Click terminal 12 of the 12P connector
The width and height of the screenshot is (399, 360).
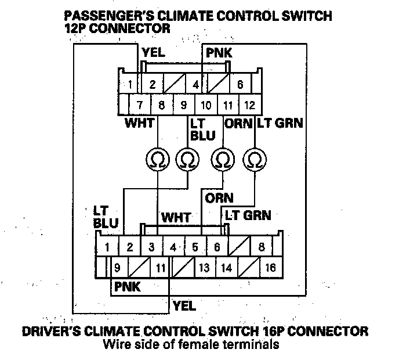[x=250, y=105]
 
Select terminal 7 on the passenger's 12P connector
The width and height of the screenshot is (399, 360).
[x=140, y=105]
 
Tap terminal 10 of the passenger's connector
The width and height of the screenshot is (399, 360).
[x=206, y=105]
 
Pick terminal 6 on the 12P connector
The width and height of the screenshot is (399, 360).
[x=240, y=84]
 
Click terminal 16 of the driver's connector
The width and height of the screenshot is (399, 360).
[x=271, y=268]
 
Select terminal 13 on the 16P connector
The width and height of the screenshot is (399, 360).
[x=205, y=268]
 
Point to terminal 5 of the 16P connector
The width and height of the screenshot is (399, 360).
[x=195, y=247]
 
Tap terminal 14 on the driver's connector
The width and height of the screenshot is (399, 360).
[x=227, y=268]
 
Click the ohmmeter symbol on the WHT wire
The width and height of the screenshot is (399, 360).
[x=158, y=160]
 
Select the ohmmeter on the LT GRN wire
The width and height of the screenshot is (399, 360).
[x=255, y=160]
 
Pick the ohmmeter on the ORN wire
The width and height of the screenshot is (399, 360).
[x=223, y=160]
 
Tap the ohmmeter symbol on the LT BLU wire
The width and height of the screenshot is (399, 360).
[x=187, y=160]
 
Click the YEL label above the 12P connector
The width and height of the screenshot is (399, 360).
[x=154, y=52]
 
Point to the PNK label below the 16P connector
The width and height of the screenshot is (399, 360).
[x=127, y=287]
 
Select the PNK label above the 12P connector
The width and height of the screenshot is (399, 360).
[x=219, y=53]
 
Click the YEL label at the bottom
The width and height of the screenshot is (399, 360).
[x=184, y=305]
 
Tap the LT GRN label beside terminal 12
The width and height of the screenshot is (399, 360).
[x=280, y=123]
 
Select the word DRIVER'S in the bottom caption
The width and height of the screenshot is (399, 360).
[x=52, y=332]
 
